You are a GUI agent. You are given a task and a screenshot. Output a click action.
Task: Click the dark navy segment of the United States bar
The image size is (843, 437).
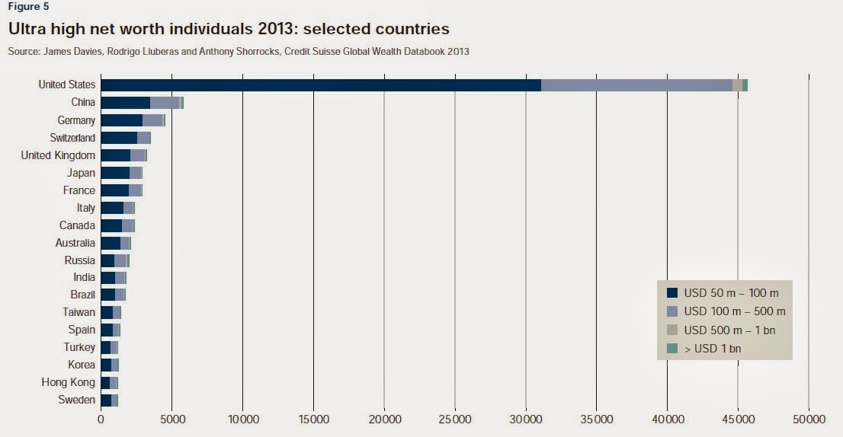tap(320, 85)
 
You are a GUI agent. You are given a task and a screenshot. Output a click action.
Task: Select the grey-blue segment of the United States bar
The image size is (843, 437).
tap(636, 85)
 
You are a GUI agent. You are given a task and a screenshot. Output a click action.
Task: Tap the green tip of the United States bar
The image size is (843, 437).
tap(745, 85)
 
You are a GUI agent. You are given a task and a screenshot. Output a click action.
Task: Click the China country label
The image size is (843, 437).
tap(82, 103)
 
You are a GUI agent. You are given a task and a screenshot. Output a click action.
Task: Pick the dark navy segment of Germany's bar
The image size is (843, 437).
tap(121, 120)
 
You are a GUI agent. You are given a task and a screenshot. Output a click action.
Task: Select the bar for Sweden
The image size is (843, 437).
tap(109, 400)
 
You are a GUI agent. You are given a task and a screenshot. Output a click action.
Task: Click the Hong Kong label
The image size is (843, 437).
tap(69, 382)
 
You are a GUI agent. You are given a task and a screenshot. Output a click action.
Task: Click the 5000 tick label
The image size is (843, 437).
tap(171, 419)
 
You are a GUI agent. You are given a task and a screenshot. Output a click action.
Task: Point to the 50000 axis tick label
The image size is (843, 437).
tap(808, 419)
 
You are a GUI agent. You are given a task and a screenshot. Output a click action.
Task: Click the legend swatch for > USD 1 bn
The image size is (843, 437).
tap(672, 349)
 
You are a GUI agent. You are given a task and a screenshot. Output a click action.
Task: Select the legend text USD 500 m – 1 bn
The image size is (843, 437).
tap(729, 330)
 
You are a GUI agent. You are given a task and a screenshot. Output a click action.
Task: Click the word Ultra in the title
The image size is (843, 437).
tap(30, 30)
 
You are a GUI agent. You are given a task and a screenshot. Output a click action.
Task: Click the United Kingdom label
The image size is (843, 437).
tap(59, 155)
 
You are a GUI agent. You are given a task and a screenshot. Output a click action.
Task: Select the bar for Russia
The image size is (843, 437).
tap(115, 260)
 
